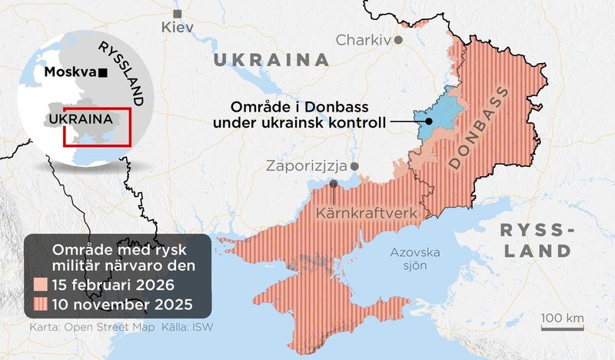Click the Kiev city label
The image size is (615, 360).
(178, 28)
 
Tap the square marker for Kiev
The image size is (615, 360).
(178, 14)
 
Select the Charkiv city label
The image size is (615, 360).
(364, 39)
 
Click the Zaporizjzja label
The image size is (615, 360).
(306, 166)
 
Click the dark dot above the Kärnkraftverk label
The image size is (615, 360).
(334, 184)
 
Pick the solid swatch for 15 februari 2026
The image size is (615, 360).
(39, 285)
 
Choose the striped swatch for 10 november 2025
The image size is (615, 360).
(39, 303)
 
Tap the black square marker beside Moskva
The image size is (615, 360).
(102, 72)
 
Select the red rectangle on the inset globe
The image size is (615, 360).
(97, 126)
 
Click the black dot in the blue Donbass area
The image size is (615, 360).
(427, 122)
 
